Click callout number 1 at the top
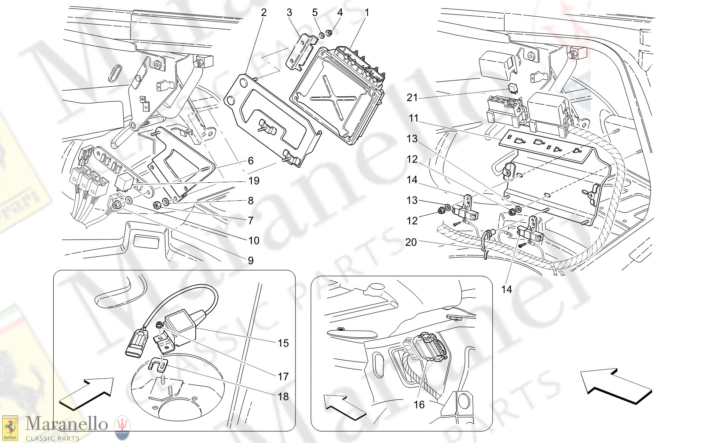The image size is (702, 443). [x=367, y=13]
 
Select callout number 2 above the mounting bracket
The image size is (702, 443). [x=263, y=13]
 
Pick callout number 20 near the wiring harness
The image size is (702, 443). [x=410, y=242]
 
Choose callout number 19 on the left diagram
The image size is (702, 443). [x=254, y=181]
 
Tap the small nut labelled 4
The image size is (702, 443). [x=329, y=33]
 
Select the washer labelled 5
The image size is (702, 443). [x=321, y=34]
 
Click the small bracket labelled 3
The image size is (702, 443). [x=302, y=51]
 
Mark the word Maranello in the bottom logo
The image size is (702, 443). [x=66, y=424]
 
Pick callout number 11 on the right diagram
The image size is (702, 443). [x=413, y=118]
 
